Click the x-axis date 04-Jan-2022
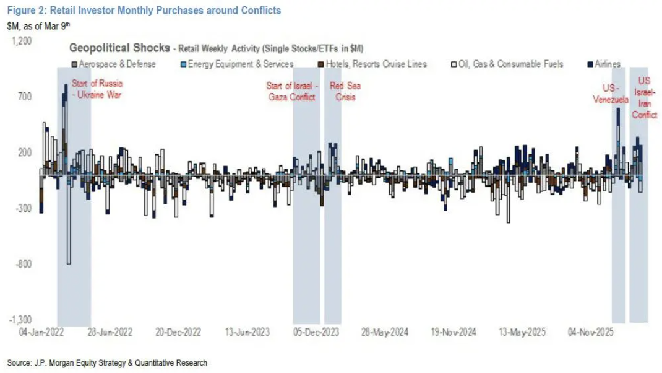click(41, 333)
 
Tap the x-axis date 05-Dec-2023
click(317, 333)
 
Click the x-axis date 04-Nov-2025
click(591, 333)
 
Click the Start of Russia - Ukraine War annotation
click(97, 89)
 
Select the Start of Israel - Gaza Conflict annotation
click(292, 92)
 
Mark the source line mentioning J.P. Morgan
click(107, 362)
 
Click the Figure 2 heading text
click(144, 11)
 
